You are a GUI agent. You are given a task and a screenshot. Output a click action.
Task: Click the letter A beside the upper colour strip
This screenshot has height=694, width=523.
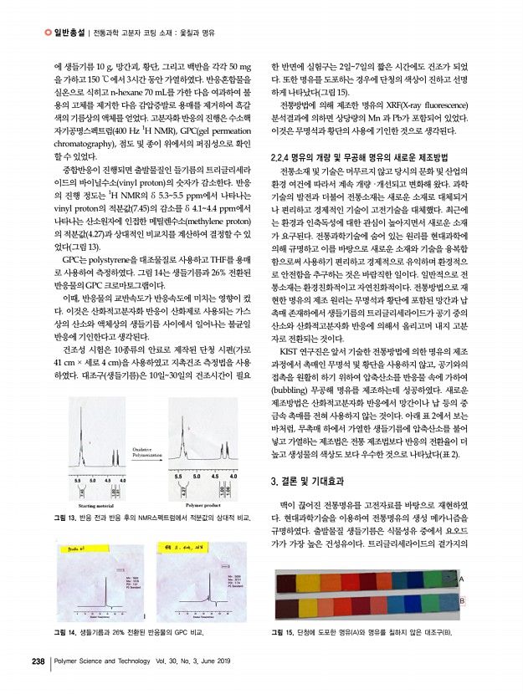(x=461, y=579)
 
